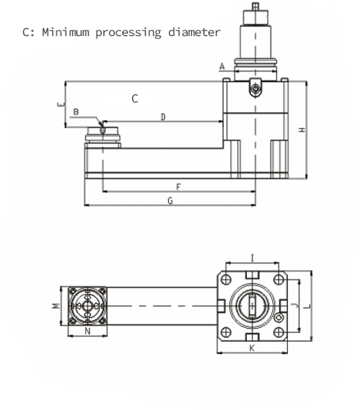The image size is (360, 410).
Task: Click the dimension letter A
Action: click(222, 66)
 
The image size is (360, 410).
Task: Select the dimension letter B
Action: click(76, 112)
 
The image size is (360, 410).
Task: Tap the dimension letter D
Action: click(163, 117)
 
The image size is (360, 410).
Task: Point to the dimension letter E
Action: click(62, 104)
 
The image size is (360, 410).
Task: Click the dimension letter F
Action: click(178, 187)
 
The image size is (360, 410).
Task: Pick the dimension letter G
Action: click(170, 201)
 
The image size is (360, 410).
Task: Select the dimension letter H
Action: click(302, 130)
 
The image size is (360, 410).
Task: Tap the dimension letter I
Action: click(253, 257)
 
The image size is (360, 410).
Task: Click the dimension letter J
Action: click(295, 306)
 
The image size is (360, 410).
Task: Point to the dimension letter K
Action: click(252, 348)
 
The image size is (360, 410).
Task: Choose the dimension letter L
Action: click(308, 306)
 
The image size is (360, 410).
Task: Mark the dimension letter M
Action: click(56, 306)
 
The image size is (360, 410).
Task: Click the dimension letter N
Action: click(88, 331)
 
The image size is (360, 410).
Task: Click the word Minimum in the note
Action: click(66, 32)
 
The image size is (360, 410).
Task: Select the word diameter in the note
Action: click(194, 32)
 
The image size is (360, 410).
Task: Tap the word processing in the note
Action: click(129, 33)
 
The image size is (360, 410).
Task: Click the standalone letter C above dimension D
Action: click(134, 98)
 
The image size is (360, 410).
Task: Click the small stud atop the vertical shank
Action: click(256, 7)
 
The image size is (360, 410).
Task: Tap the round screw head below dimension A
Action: click(256, 89)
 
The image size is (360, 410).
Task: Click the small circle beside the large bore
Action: click(279, 317)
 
